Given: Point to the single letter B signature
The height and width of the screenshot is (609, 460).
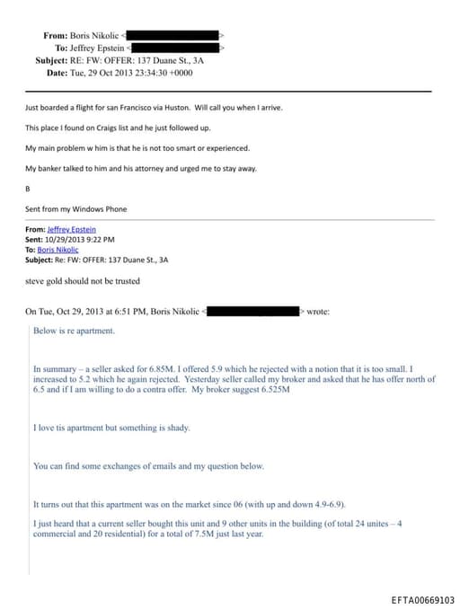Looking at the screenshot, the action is click(28, 189).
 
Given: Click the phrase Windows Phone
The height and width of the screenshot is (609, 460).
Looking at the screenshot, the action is click(105, 208).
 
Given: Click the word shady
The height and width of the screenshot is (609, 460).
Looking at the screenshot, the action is click(176, 428).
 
